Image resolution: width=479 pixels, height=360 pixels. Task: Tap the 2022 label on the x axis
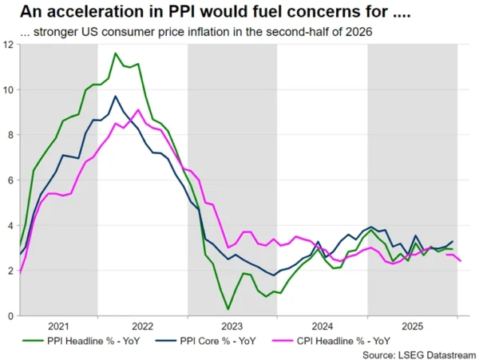point(142,326)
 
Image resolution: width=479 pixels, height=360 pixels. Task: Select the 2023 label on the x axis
point(232,326)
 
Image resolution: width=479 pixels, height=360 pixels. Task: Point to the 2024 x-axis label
point(323,326)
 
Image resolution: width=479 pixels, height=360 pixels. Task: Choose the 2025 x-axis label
point(412,326)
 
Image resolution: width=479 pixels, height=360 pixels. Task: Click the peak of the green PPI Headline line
point(116,53)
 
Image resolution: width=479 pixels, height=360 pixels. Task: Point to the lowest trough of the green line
point(228,309)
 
